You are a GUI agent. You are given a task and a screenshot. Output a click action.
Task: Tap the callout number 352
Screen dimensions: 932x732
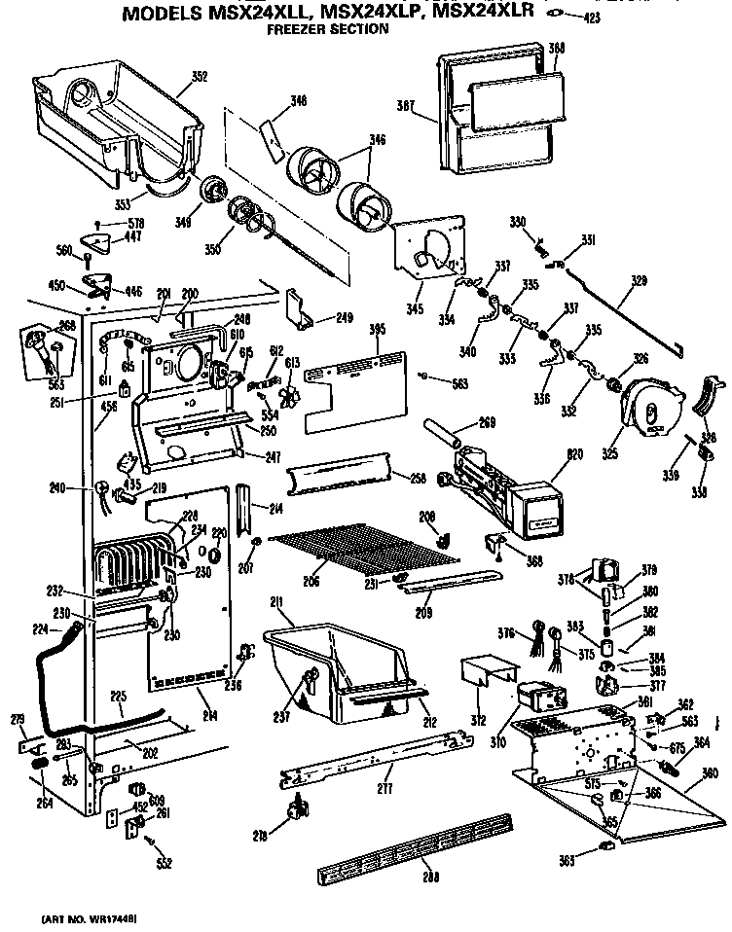coord(199,77)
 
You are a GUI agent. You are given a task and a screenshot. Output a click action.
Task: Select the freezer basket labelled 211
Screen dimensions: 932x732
coord(341,671)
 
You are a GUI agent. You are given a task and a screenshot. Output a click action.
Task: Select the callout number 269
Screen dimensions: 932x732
coord(488,422)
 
